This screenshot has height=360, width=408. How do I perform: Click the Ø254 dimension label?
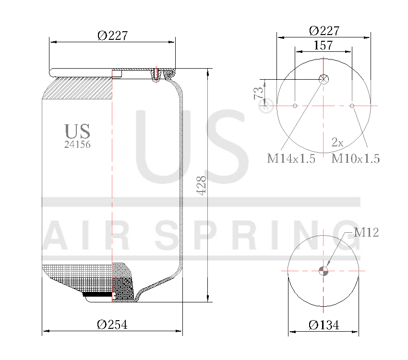[x=112, y=325]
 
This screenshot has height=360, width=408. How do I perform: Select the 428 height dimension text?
[x=202, y=185]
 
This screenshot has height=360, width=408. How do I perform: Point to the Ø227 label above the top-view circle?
[x=324, y=31]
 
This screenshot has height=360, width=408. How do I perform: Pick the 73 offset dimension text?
[x=258, y=92]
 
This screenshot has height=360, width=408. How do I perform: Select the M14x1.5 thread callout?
[x=291, y=159]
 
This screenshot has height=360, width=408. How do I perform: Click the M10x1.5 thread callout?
[x=355, y=159]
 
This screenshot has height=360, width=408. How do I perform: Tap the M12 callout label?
[x=366, y=233]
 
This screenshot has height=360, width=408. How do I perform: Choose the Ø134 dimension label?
[x=324, y=325]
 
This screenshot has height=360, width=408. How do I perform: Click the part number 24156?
[x=77, y=144]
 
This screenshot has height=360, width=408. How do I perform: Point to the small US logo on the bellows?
[x=77, y=131]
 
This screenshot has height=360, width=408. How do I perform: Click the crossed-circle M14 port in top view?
[x=324, y=80]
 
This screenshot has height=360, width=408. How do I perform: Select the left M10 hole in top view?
[x=295, y=106]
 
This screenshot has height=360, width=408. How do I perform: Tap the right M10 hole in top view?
[x=352, y=106]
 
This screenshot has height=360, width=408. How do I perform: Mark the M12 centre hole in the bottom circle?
[x=324, y=271]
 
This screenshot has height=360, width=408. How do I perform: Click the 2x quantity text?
[x=337, y=142]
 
